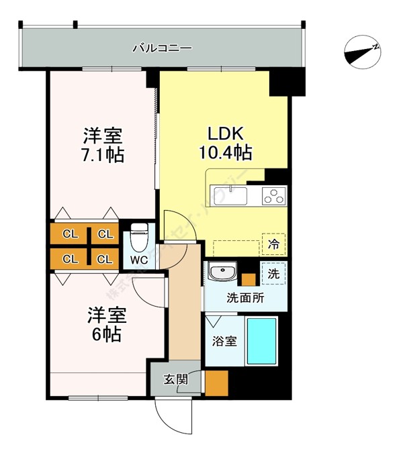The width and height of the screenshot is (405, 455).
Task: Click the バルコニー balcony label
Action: click(162, 48)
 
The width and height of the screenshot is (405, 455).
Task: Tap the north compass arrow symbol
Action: click(363, 52)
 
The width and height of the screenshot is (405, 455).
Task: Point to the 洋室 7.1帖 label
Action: click(102, 145)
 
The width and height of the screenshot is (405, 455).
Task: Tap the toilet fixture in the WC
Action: click(138, 236)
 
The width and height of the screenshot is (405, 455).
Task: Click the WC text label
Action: click(139, 259)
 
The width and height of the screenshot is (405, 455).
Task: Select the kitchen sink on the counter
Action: click(230, 195)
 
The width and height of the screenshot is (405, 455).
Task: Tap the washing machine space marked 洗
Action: click(274, 273)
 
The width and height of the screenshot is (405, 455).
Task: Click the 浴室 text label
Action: click(225, 341)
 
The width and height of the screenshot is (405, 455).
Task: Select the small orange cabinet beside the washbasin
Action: click(249, 279)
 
